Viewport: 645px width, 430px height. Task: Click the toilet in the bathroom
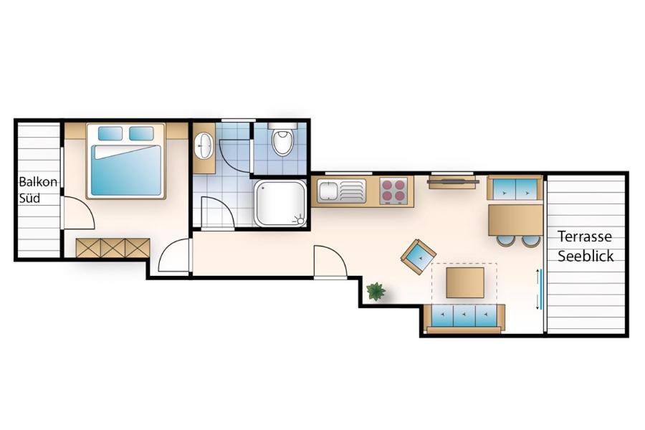pos(282,139)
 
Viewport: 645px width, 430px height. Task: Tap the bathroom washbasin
pos(204,145)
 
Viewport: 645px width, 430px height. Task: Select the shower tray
pos(280,203)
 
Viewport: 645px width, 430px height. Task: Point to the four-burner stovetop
pos(393,190)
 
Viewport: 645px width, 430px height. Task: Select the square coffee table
pos(465,282)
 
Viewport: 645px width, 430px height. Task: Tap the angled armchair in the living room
pos(419,257)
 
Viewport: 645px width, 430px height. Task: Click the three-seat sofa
pos(465,318)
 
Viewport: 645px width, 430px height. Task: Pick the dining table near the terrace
pos(515,220)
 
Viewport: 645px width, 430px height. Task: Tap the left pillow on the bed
pos(110,133)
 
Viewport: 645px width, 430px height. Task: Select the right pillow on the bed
pos(141,133)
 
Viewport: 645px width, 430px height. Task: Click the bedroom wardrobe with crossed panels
pos(113,248)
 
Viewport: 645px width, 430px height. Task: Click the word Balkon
pos(38,181)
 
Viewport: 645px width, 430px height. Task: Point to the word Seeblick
pos(586,256)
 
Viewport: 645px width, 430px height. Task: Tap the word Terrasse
pos(585,236)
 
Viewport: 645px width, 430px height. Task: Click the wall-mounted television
pos(453,181)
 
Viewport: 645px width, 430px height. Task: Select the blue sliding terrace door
pos(541,289)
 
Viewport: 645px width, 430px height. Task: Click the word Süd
pos(29,198)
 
